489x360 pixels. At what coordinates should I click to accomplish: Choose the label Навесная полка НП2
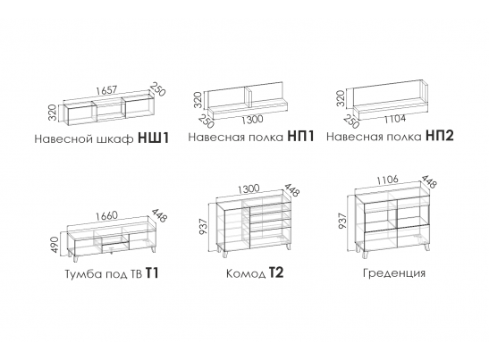click(x=391, y=138)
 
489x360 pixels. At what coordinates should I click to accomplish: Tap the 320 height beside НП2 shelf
click(x=341, y=97)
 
